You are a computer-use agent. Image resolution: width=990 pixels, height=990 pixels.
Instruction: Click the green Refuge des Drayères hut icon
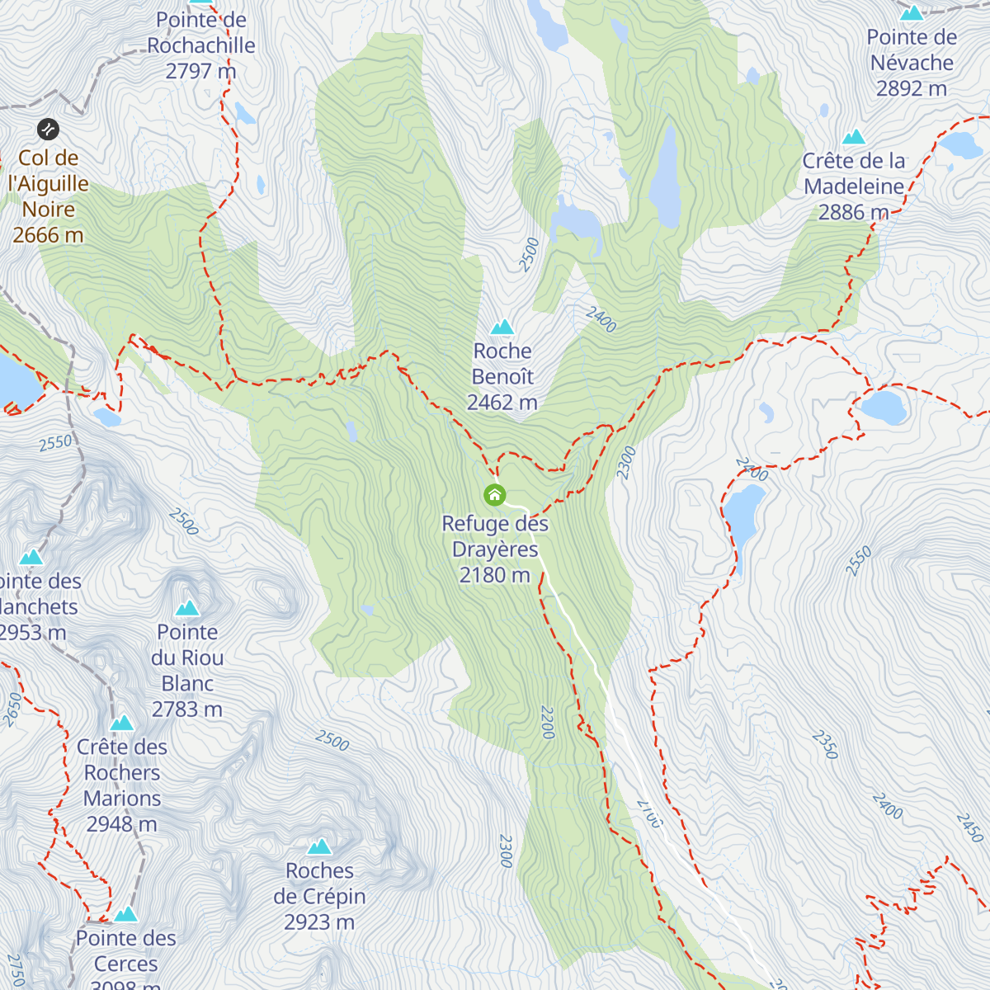coord(494,495)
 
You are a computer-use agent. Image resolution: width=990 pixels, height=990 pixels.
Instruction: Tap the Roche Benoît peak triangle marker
coord(502,328)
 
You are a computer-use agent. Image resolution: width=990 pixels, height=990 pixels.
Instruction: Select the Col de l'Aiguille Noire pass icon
coord(48,130)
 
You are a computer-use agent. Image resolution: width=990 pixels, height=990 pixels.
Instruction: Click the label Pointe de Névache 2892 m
coord(912,63)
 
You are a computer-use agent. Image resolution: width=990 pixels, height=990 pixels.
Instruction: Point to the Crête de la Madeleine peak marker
coord(854,137)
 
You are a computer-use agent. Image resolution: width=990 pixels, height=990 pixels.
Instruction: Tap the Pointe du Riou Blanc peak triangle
coord(187,609)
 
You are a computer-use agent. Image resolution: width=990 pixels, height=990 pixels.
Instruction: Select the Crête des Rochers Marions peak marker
coord(122,724)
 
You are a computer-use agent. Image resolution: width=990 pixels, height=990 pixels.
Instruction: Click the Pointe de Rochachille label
coord(201,45)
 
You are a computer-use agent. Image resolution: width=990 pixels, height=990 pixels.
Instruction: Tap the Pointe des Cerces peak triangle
coord(125,914)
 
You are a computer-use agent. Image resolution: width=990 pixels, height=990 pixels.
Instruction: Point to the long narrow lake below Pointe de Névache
coord(665,177)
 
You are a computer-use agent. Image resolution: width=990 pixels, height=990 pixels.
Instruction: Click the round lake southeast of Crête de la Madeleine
coord(884,407)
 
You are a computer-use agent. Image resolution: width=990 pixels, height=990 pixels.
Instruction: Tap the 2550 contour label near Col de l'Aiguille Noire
coord(56,443)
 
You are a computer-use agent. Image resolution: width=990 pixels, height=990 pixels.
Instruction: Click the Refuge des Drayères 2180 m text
coord(495,549)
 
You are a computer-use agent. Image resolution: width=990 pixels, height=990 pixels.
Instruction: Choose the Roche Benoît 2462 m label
coord(502,377)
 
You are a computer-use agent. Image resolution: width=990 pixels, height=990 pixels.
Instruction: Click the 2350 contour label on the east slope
coord(824,744)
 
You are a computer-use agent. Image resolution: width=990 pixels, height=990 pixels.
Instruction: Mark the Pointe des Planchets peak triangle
coord(31,558)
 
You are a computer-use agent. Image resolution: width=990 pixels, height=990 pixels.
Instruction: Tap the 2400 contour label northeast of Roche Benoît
coord(601,319)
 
